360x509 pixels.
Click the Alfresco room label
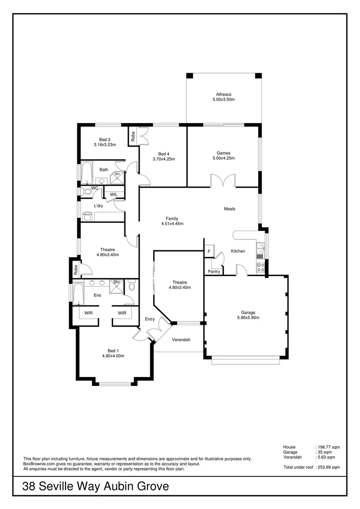pyautogui.click(x=223, y=95)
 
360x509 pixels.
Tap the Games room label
pyautogui.click(x=223, y=153)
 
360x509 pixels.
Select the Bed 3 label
pyautogui.click(x=105, y=140)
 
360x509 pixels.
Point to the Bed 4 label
pyautogui.click(x=164, y=154)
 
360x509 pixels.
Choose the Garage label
pyautogui.click(x=248, y=312)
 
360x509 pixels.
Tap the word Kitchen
pyautogui.click(x=238, y=251)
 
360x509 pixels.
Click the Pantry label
pyautogui.click(x=214, y=271)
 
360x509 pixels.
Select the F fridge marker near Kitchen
pyautogui.click(x=208, y=251)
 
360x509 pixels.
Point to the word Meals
pyautogui.click(x=229, y=209)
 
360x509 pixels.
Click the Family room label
pyautogui.click(x=172, y=218)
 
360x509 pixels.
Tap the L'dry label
pyautogui.click(x=98, y=206)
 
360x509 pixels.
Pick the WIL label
pyautogui.click(x=114, y=194)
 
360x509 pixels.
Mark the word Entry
pyautogui.click(x=150, y=319)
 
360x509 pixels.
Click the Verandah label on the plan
pyautogui.click(x=181, y=340)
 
